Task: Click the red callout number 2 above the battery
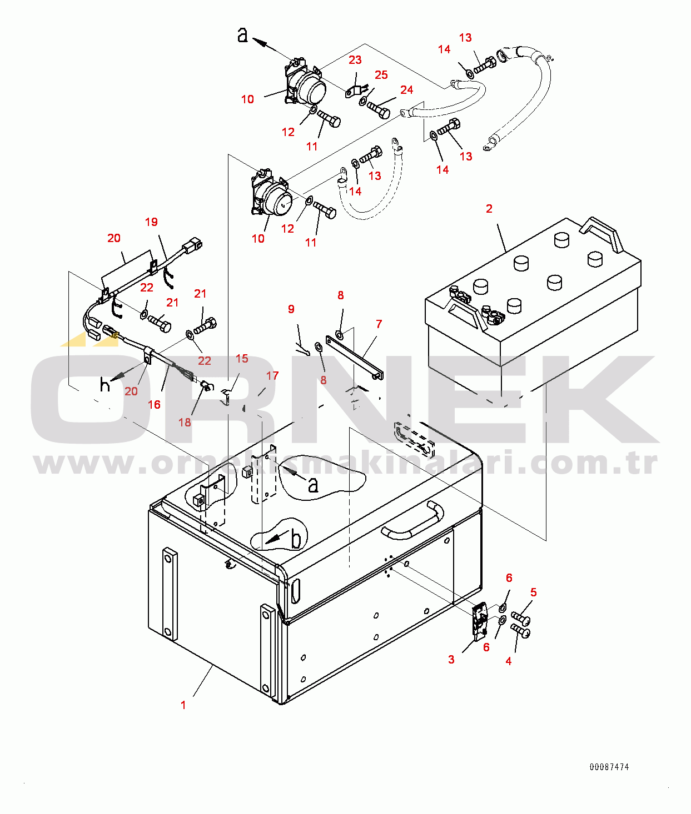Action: pos(489,209)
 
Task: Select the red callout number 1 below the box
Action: pos(183,705)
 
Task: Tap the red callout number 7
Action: pos(379,324)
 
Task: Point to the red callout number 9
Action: pos(291,309)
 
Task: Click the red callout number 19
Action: pos(151,222)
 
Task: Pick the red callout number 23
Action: pos(355,60)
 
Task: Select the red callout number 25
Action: pos(381,75)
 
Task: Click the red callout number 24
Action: pos(406,90)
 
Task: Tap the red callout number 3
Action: pos(451,659)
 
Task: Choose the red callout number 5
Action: pos(533,592)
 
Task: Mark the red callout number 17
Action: pos(272,376)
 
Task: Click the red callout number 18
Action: pos(185,422)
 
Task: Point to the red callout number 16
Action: pos(154,404)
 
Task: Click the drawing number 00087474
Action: pos(609,767)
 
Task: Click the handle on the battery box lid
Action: pos(412,521)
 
